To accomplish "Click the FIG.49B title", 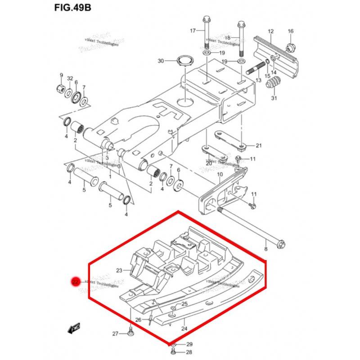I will tap(72, 9).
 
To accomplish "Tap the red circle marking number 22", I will tap(76, 282).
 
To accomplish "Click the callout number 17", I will tap(193, 31).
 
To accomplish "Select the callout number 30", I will tap(161, 61).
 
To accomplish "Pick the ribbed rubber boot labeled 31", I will tap(274, 84).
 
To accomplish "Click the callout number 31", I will tap(274, 99).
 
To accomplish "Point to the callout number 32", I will tap(70, 78).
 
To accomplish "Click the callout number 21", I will tap(258, 145).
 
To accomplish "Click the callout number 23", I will tap(119, 271).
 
